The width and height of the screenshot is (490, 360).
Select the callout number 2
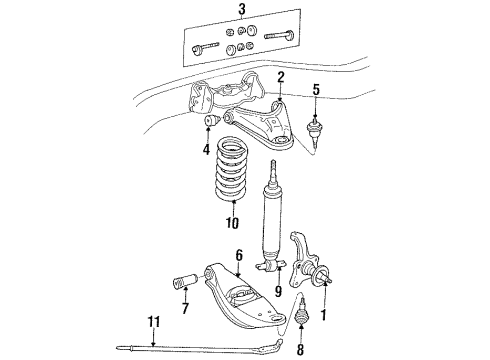point(281,76)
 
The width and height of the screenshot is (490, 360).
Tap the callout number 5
point(317,90)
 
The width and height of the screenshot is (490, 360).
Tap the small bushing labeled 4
point(210,123)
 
